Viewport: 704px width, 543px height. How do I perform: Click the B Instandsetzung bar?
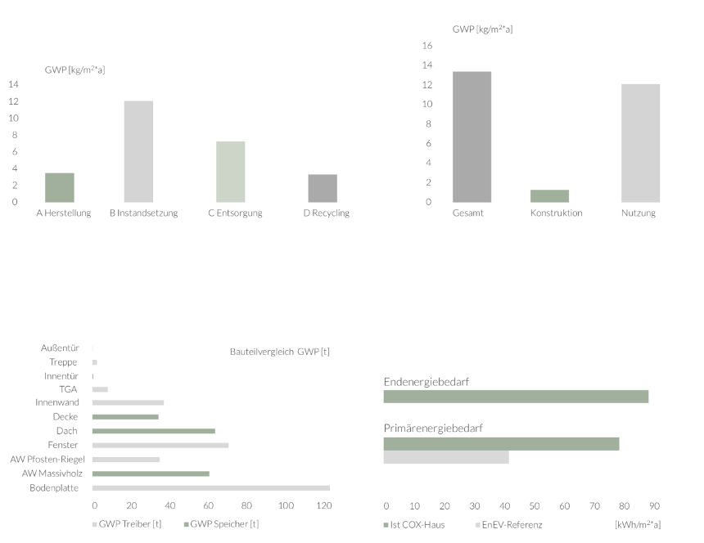pos(138,151)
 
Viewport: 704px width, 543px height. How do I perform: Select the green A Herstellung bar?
pos(60,187)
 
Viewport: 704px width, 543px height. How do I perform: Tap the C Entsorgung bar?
pos(230,172)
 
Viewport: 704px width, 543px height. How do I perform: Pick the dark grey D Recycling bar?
pos(323,188)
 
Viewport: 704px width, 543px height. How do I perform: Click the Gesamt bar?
pos(472,137)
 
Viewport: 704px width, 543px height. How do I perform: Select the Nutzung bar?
pos(640,143)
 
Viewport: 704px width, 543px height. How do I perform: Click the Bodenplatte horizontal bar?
pos(211,488)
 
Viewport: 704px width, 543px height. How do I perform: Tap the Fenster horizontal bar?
pos(160,445)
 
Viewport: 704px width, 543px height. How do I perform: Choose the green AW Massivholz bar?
pos(151,473)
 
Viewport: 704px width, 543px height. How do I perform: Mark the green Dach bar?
pos(154,431)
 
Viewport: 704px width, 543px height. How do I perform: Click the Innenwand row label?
pos(56,403)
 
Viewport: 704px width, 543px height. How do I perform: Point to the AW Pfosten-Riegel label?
pos(47,460)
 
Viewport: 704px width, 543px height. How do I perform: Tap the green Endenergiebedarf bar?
pos(516,397)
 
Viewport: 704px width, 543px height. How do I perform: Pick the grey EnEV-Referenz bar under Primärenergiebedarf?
pos(446,458)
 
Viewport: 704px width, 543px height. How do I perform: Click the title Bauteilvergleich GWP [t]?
pos(279,352)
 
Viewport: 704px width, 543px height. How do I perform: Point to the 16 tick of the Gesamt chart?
pos(426,46)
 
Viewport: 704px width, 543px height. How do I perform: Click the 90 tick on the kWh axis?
pos(653,506)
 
